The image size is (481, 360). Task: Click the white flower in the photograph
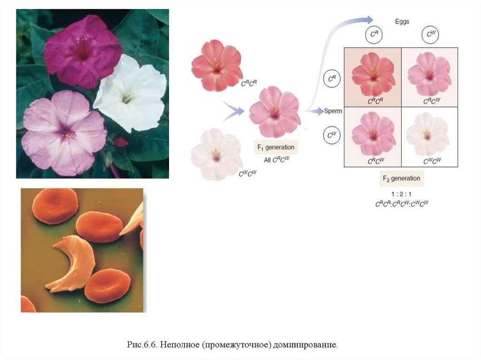[129, 92]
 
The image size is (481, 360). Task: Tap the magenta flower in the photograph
[82, 49]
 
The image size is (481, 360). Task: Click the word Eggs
[402, 22]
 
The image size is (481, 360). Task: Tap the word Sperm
[333, 111]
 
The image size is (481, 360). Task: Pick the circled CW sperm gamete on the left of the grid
[331, 136]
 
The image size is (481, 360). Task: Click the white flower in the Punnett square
[427, 134]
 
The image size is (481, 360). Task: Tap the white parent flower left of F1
[216, 153]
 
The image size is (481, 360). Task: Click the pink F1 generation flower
[274, 112]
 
